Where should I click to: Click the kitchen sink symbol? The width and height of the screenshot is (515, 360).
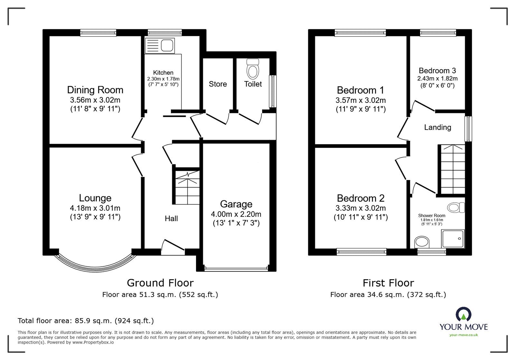pos(160,45)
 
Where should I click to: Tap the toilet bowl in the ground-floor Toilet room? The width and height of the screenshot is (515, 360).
pos(253,69)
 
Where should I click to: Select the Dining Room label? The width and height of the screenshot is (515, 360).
pos(95,90)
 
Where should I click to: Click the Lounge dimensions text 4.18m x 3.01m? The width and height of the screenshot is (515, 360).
pos(95,208)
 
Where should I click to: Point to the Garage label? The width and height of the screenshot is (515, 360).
pos(236,204)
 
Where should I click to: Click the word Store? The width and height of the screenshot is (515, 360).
pos(218,84)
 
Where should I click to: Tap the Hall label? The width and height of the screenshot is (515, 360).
pos(171,218)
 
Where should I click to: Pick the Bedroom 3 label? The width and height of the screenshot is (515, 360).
pos(437,70)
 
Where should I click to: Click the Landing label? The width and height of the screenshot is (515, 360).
pos(437,127)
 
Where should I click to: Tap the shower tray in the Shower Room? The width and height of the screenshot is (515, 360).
pos(453,239)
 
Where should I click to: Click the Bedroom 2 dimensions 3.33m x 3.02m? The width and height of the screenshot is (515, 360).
pos(360,208)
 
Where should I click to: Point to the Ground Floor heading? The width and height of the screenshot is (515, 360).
pos(160,283)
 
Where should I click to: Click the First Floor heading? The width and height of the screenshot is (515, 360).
pos(388,283)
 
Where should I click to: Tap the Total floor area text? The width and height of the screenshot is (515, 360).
pos(86,321)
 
